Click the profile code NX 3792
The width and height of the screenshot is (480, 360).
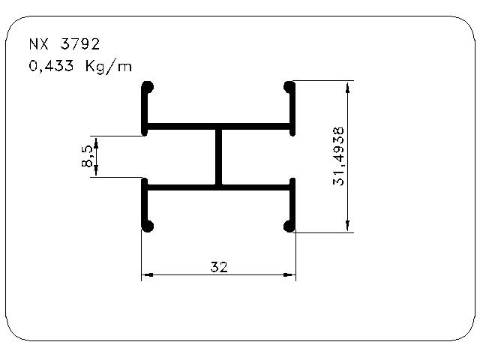click(64, 44)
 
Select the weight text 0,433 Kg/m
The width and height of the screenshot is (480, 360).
click(80, 67)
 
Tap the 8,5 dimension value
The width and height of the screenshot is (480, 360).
click(87, 157)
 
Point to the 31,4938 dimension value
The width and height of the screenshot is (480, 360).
click(338, 157)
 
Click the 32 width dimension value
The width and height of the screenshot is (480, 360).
click(219, 267)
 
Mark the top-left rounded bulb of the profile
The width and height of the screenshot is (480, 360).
click(148, 87)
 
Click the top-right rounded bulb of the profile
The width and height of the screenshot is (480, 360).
click(289, 87)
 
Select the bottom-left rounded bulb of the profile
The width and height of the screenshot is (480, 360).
click(148, 226)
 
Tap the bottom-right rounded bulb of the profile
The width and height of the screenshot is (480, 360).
click(289, 226)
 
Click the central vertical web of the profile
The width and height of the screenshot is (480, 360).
click(218, 157)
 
